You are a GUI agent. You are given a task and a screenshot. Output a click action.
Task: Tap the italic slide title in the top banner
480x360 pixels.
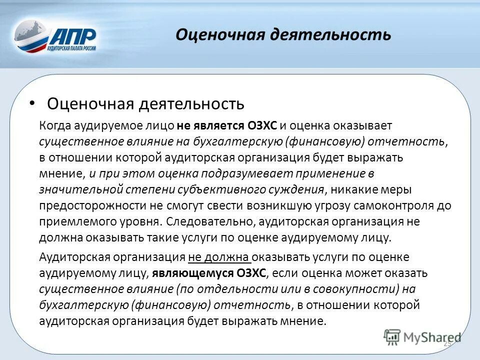[283, 34]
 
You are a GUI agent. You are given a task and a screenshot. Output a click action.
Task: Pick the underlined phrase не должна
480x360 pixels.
[219, 257]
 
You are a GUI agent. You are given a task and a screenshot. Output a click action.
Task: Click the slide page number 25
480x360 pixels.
[447, 343]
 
